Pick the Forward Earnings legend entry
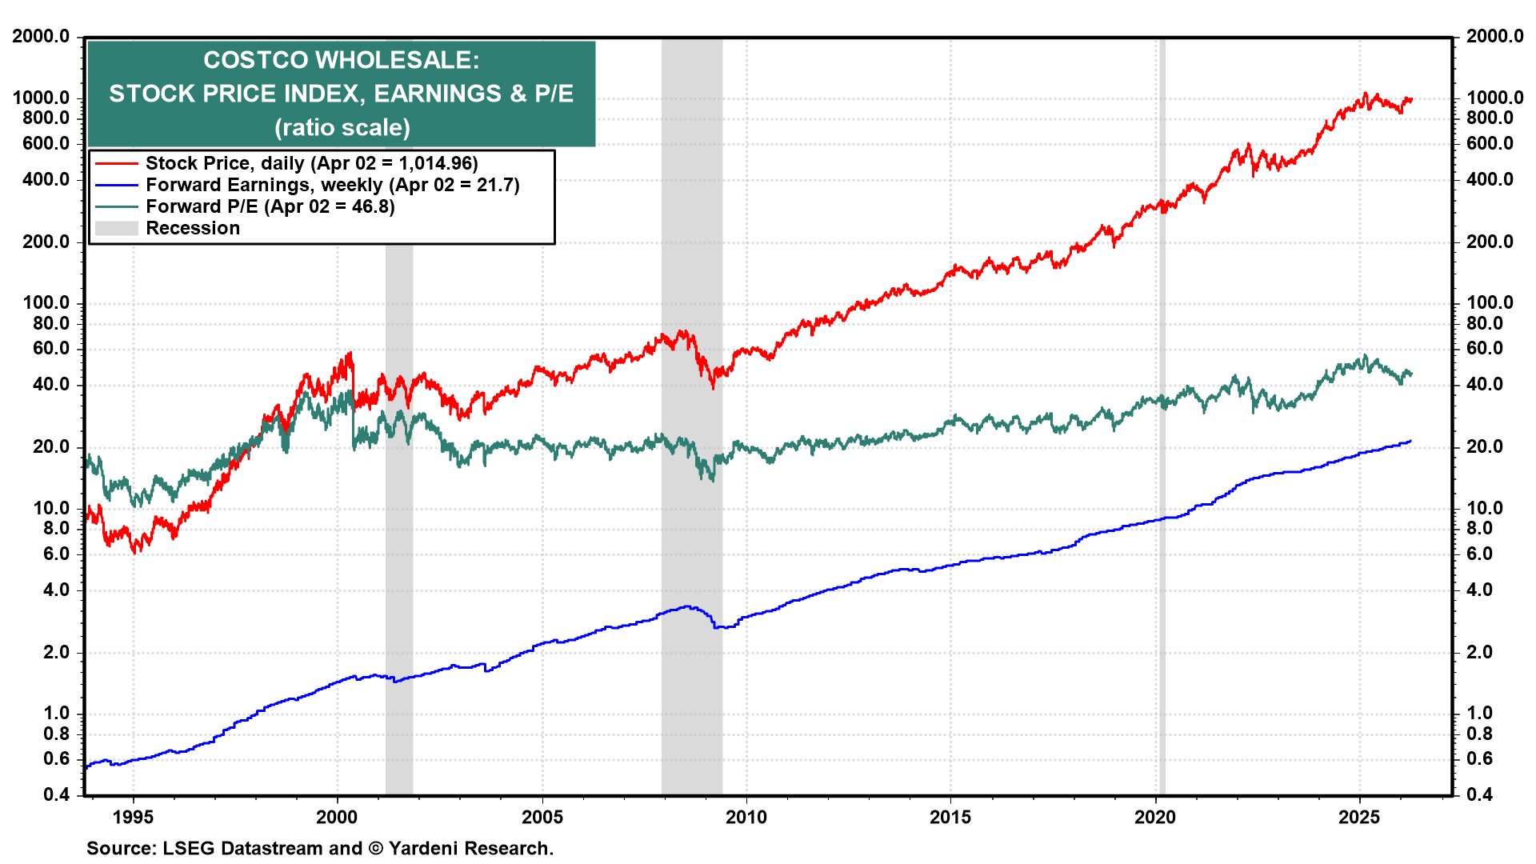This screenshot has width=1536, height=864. [x=332, y=185]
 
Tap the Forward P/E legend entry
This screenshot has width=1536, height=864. [x=270, y=206]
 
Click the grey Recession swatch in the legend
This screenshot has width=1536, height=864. [x=116, y=229]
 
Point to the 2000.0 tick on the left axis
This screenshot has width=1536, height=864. [x=40, y=36]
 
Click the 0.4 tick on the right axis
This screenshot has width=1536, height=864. [x=1479, y=794]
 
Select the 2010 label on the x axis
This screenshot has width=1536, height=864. [x=746, y=817]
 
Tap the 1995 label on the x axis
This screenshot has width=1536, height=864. [x=133, y=817]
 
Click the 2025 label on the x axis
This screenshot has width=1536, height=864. [x=1359, y=817]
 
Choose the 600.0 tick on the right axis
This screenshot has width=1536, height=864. [x=1490, y=143]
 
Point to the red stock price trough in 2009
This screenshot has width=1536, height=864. [x=713, y=386]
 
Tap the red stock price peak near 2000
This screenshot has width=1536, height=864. [x=350, y=354]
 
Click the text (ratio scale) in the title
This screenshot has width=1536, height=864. [x=342, y=127]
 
